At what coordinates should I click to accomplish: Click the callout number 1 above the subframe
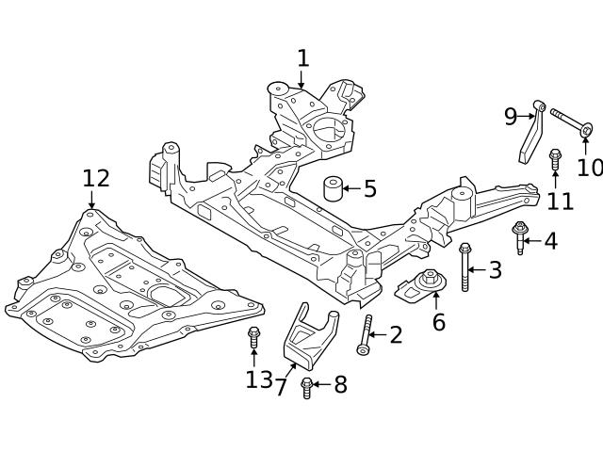click(x=302, y=58)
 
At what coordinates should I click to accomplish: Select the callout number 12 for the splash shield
click(x=95, y=178)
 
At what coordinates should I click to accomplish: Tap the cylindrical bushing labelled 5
click(x=332, y=188)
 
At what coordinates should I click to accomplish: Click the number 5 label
click(x=369, y=189)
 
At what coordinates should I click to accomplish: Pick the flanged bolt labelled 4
click(x=519, y=236)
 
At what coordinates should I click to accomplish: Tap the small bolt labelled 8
click(x=306, y=385)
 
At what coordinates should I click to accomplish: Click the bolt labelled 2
click(x=366, y=334)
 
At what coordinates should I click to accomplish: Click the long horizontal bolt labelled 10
click(x=569, y=122)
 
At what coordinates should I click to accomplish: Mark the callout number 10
click(x=589, y=168)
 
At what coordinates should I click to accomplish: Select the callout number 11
click(x=561, y=200)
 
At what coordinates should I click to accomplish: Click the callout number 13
click(x=258, y=379)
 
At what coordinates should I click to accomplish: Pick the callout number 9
click(x=510, y=117)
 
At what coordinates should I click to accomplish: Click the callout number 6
click(x=438, y=322)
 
